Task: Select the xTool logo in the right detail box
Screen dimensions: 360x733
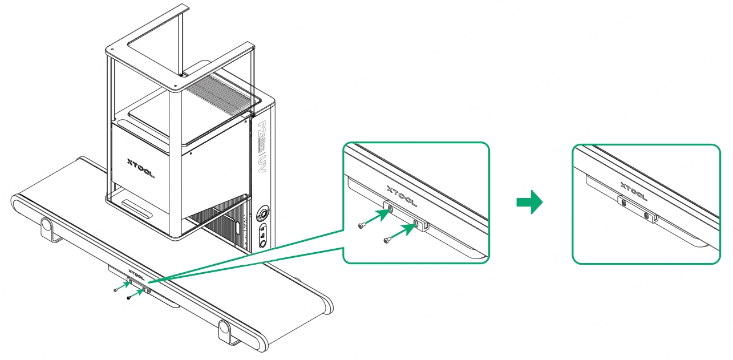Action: (x=633, y=191)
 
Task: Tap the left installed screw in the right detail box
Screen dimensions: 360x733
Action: (x=623, y=203)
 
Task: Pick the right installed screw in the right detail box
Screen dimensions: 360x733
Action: (x=646, y=215)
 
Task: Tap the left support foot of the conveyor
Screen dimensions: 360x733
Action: (x=47, y=229)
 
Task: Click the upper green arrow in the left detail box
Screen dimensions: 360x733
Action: (x=378, y=217)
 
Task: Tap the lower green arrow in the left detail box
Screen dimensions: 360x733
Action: (x=404, y=231)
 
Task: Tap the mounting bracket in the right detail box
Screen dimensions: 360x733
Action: (x=636, y=209)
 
